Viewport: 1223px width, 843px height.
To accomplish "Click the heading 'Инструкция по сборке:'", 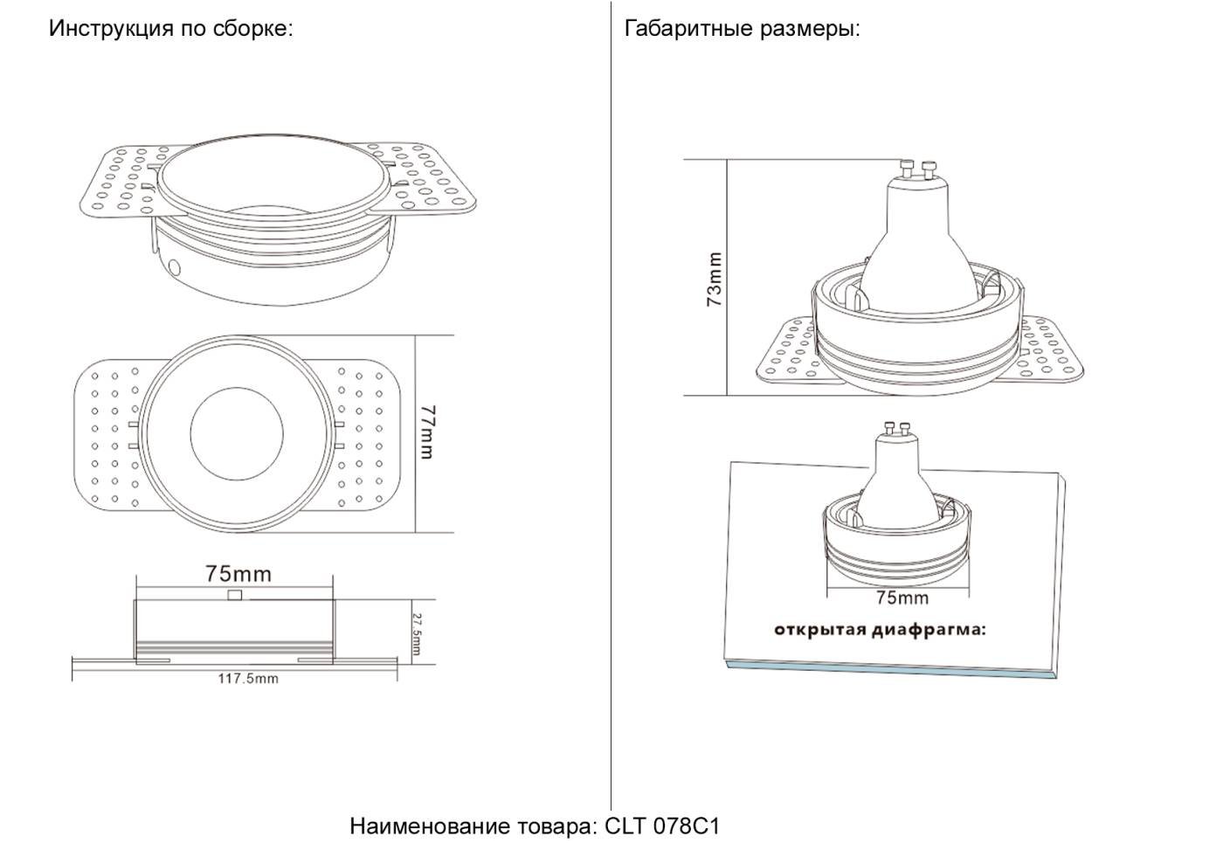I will (170, 29).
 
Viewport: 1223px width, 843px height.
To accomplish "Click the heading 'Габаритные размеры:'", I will (742, 29).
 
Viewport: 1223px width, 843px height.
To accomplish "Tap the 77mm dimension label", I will (427, 431).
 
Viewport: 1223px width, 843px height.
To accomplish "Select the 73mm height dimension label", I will (715, 279).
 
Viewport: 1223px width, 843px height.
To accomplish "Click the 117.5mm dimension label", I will (248, 678).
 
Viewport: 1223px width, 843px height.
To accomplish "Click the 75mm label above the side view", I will (238, 574).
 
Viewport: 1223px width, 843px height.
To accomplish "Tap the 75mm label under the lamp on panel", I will (902, 598).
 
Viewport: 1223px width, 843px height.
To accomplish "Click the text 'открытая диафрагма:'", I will (879, 630).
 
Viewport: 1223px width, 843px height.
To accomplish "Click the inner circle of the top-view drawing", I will (236, 434).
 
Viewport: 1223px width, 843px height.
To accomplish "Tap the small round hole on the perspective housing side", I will (174, 266).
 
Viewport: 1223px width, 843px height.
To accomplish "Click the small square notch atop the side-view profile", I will (234, 596).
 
